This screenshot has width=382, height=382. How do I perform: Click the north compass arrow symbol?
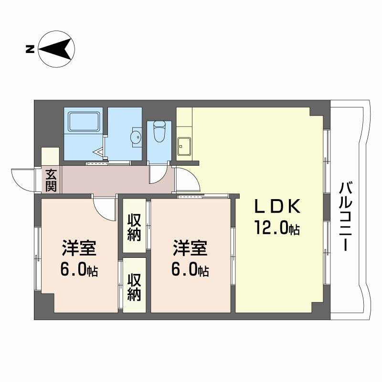click(56, 48)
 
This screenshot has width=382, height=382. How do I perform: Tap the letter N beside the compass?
click(30, 48)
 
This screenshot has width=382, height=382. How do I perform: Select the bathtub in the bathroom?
click(84, 121)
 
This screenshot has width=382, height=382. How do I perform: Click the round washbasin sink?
click(136, 138)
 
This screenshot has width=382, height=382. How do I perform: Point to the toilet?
click(159, 130)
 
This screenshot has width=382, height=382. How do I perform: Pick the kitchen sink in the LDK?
click(183, 146)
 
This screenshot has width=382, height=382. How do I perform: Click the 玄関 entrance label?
click(51, 180)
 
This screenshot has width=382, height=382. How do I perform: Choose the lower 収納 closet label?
click(134, 287)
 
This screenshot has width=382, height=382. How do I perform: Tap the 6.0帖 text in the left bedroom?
click(79, 270)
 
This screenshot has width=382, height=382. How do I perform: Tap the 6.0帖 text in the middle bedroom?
click(190, 270)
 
